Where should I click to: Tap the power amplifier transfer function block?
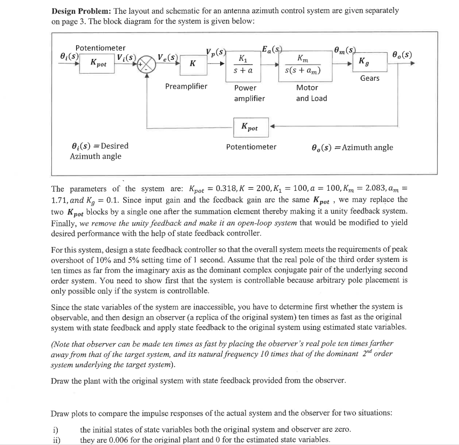click(x=243, y=64)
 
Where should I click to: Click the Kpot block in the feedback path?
click(x=249, y=127)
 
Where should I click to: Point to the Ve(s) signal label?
click(x=167, y=56)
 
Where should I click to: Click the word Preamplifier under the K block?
click(x=186, y=86)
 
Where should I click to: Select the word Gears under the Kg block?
click(x=370, y=78)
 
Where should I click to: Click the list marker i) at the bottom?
click(x=56, y=430)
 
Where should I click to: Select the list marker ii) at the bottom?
click(x=56, y=439)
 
